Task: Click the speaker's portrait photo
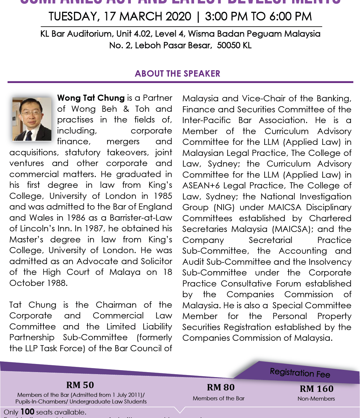pyautogui.click(x=32, y=119)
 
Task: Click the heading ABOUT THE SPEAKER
pyautogui.click(x=178, y=74)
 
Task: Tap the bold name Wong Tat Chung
pyautogui.click(x=91, y=98)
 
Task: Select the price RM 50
pyautogui.click(x=80, y=385)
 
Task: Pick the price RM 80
pyautogui.click(x=221, y=388)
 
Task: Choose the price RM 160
pyautogui.click(x=316, y=389)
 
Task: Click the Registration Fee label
pyautogui.click(x=300, y=373)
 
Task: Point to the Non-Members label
pyautogui.click(x=316, y=399)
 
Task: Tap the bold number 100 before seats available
pyautogui.click(x=28, y=412)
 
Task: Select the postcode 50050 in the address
pyautogui.click(x=229, y=46)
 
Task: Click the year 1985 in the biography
pyautogui.click(x=163, y=196)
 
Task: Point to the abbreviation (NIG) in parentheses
pyautogui.click(x=224, y=208)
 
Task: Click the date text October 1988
pyautogui.click(x=38, y=283)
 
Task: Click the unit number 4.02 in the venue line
pyautogui.click(x=142, y=34)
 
